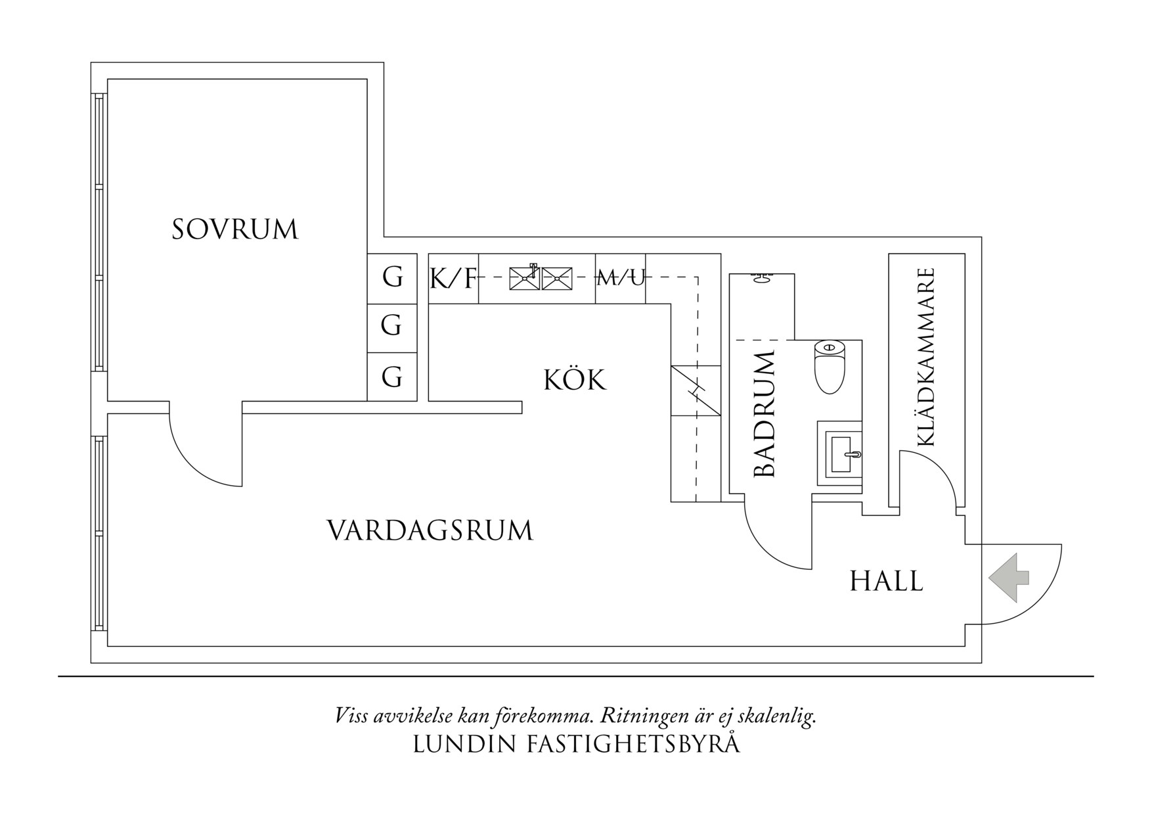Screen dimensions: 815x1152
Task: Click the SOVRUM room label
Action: click(x=235, y=230)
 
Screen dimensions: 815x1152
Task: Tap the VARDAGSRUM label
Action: click(x=430, y=531)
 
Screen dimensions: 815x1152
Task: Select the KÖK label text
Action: click(x=575, y=381)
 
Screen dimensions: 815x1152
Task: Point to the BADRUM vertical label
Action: click(x=765, y=414)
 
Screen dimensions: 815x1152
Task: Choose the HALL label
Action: click(x=887, y=582)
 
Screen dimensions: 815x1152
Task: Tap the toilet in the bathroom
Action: click(x=829, y=367)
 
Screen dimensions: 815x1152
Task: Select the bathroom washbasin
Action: click(x=840, y=454)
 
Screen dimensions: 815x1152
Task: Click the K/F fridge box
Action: click(x=453, y=279)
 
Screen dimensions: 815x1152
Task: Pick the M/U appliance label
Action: click(x=621, y=279)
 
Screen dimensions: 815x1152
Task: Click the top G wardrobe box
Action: click(x=392, y=279)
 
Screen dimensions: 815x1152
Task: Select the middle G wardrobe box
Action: click(x=392, y=327)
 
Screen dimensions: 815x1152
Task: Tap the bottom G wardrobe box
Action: click(x=392, y=377)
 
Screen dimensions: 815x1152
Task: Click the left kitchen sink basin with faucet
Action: click(x=525, y=278)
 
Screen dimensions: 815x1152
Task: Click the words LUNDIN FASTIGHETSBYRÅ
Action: click(x=576, y=745)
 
